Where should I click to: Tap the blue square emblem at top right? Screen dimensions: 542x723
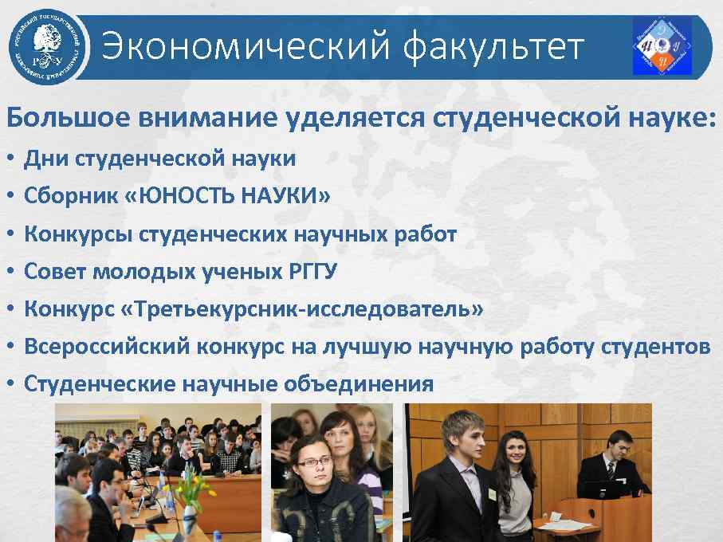(x=662, y=47)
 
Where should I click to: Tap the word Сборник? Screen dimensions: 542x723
(x=71, y=195)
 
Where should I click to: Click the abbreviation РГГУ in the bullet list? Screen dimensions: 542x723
(x=310, y=271)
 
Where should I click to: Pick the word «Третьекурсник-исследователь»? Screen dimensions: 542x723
(x=304, y=308)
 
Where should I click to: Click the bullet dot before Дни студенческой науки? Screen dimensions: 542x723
(x=11, y=159)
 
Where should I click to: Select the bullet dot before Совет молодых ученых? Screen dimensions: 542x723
(x=11, y=272)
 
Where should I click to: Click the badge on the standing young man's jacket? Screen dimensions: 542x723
(x=492, y=494)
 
